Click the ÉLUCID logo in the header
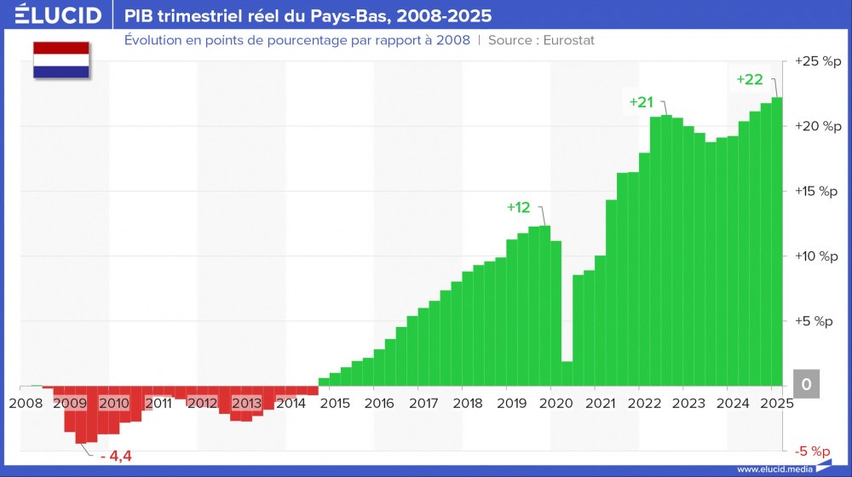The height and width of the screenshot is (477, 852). (53, 15)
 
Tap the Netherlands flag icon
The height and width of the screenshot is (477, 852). (61, 60)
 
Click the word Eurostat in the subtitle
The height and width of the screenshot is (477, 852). (564, 40)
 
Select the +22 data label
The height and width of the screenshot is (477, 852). (749, 79)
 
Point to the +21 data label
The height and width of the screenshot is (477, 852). (641, 102)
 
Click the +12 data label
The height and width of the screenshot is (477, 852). (518, 207)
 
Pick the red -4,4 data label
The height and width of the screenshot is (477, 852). (116, 457)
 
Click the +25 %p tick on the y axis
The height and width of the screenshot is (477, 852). (816, 61)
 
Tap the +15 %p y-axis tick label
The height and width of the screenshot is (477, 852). (816, 191)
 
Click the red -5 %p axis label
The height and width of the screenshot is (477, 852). (814, 451)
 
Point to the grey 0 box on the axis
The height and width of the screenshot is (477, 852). (806, 385)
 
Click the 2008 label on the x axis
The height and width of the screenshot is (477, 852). (25, 403)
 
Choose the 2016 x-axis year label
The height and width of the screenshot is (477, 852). (378, 403)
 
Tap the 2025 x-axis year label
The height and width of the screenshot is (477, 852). (775, 403)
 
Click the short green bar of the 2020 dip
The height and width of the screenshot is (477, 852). (567, 374)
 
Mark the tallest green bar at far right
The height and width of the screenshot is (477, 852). (777, 242)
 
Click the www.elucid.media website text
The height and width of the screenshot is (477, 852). (774, 469)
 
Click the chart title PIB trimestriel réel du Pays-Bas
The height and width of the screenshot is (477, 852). (308, 15)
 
